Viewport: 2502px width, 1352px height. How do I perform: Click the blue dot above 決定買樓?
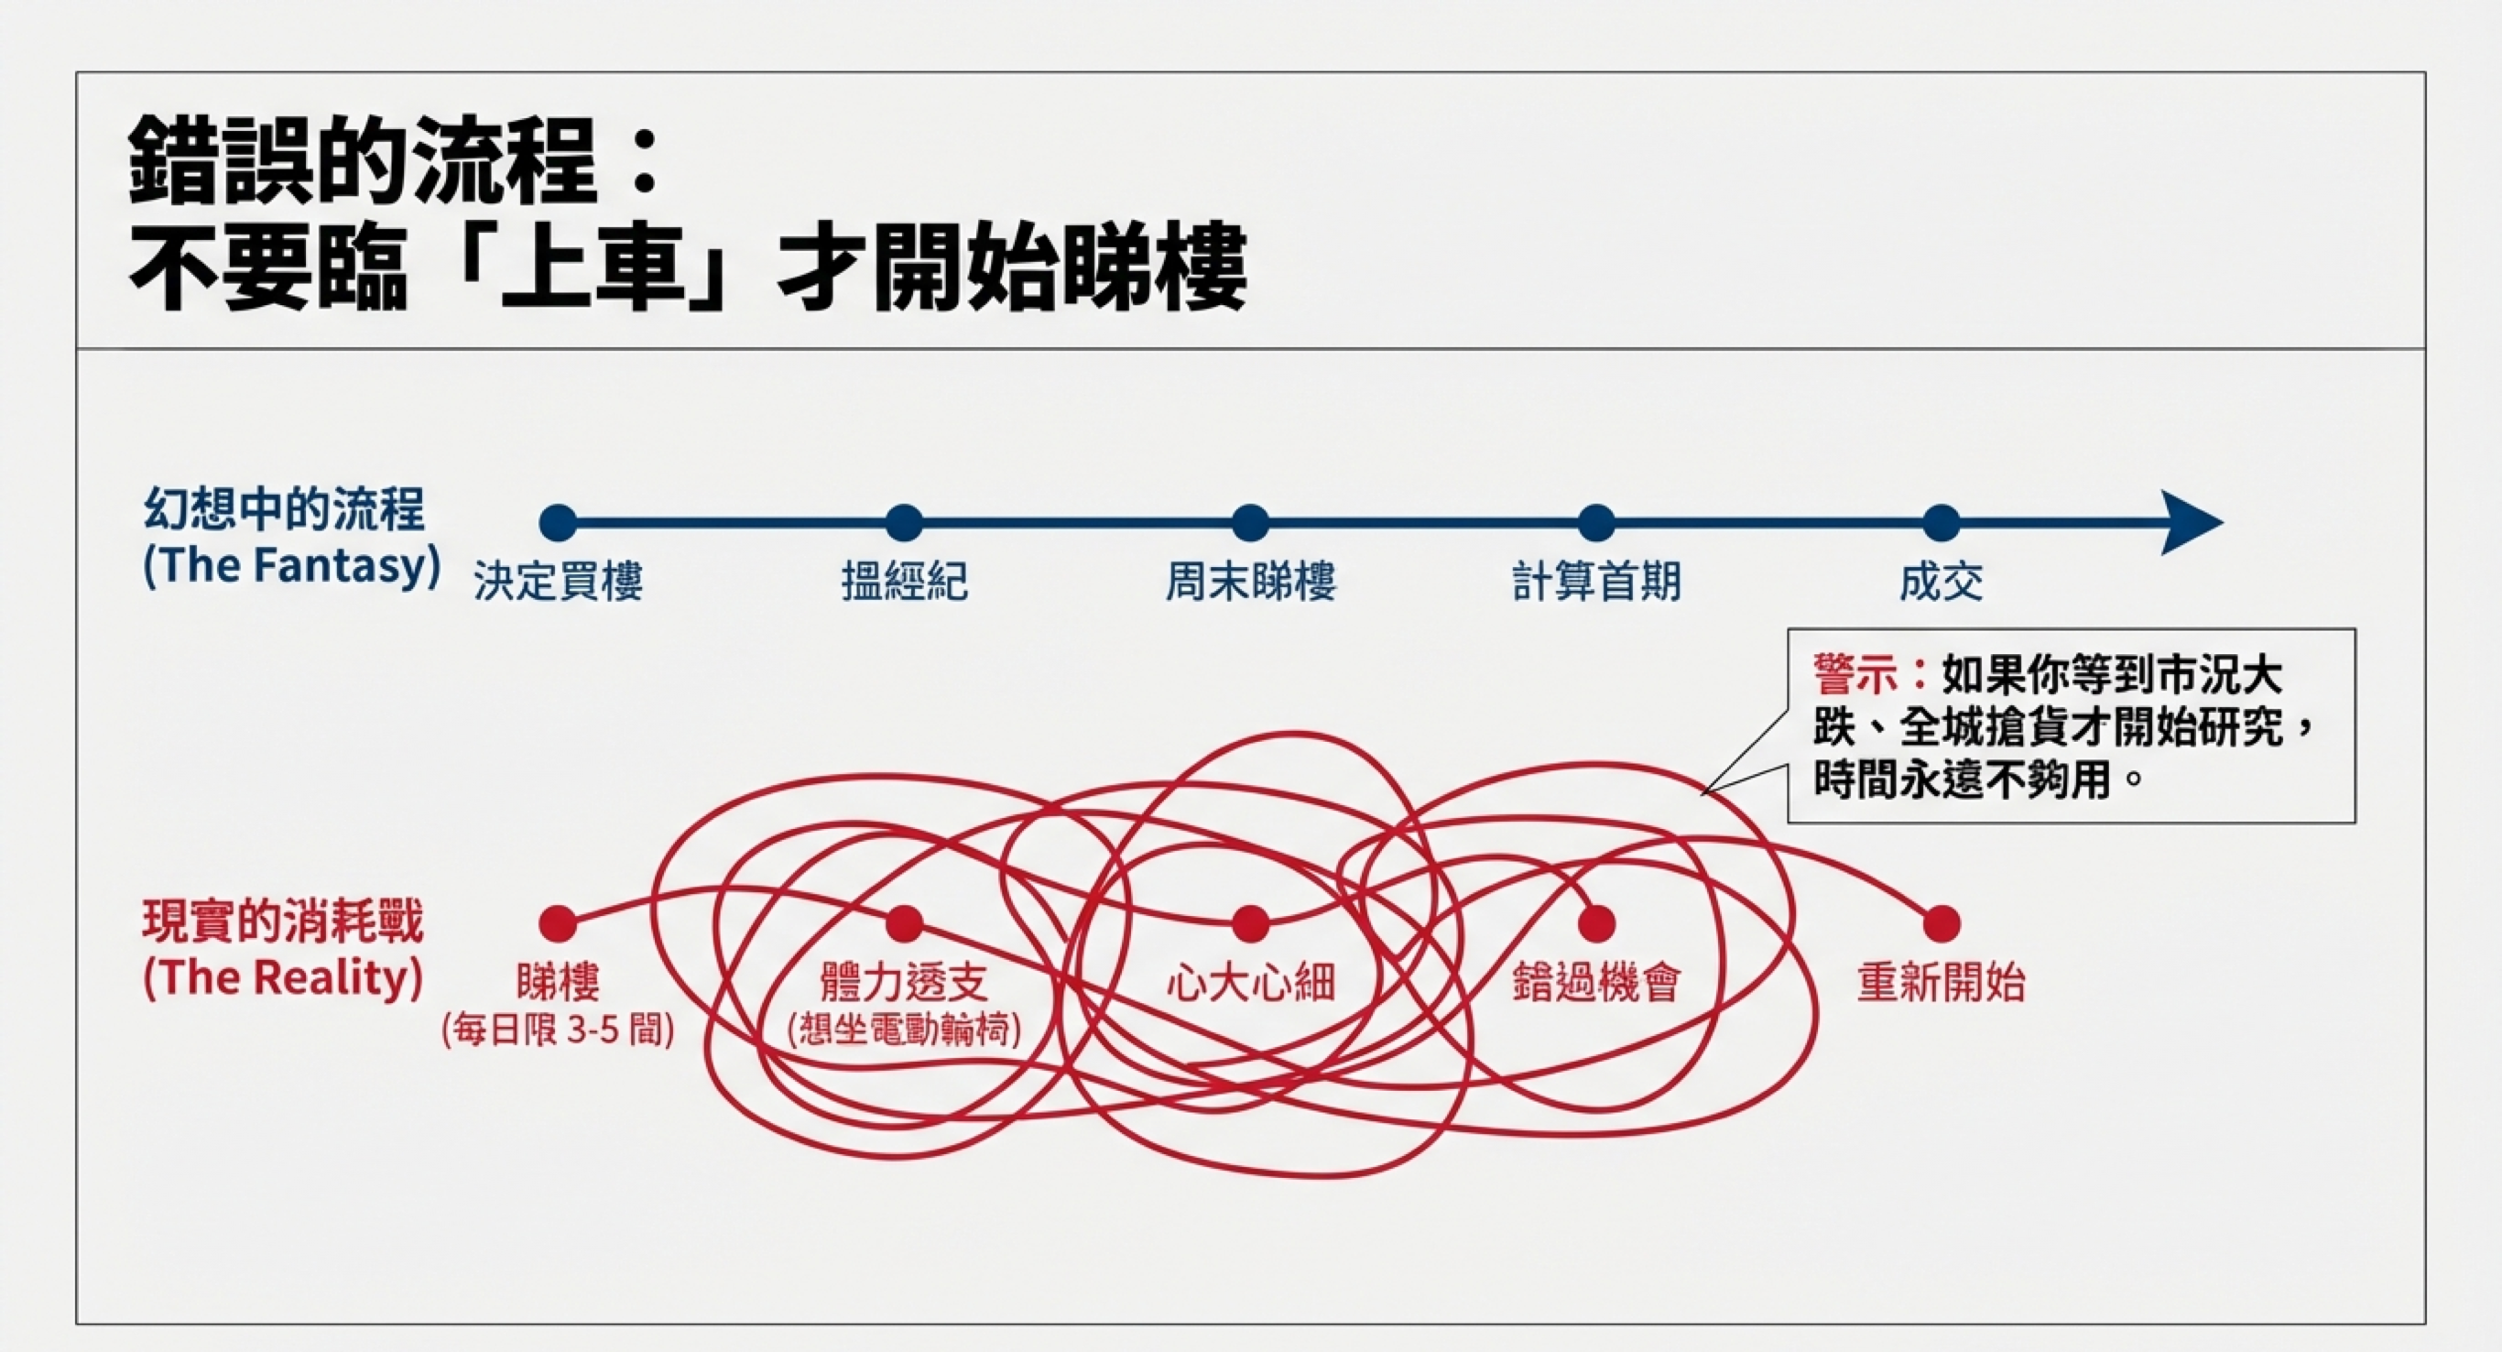click(x=559, y=522)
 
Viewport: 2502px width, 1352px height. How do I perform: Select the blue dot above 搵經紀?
click(x=904, y=522)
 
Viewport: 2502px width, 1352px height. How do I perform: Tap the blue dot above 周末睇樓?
click(x=1250, y=522)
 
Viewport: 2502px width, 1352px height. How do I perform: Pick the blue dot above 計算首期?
click(x=1595, y=522)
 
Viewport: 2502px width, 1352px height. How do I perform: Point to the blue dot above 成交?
click(x=1942, y=522)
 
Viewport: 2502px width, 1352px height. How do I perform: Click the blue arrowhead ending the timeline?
click(x=2191, y=522)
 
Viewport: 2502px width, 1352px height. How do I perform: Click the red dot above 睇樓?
click(x=558, y=922)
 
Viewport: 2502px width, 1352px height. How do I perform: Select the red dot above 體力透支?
click(x=904, y=922)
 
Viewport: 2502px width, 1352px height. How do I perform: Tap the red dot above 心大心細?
click(x=1250, y=922)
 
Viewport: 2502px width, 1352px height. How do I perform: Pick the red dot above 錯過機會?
click(x=1595, y=922)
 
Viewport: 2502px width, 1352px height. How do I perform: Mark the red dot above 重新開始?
click(x=1942, y=922)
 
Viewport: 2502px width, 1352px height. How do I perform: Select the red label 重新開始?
click(x=1942, y=983)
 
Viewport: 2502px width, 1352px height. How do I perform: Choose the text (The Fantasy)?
click(x=291, y=566)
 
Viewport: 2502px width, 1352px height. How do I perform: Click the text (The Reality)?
click(x=283, y=978)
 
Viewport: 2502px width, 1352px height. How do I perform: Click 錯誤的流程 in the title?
click(x=363, y=160)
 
